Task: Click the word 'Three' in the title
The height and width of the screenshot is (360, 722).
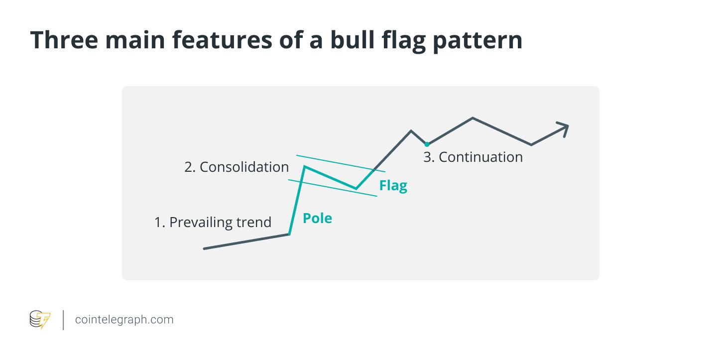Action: click(x=64, y=40)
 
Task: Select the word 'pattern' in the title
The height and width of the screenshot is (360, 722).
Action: click(x=478, y=41)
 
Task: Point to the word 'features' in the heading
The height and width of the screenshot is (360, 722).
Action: click(x=222, y=40)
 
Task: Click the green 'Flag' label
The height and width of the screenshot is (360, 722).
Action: click(x=393, y=186)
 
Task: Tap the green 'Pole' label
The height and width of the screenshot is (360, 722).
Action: click(x=317, y=218)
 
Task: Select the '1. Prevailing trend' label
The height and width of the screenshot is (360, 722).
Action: click(x=213, y=222)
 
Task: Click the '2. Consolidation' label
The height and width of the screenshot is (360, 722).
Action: click(x=236, y=167)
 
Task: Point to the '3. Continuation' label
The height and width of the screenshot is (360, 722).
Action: click(x=473, y=157)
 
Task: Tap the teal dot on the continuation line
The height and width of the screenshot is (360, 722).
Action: click(x=427, y=144)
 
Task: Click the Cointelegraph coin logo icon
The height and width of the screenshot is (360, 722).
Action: click(x=40, y=320)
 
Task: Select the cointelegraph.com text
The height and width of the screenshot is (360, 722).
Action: click(x=124, y=320)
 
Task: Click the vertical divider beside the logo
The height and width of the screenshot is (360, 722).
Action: click(x=63, y=320)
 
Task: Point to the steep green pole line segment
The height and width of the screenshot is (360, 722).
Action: click(x=297, y=201)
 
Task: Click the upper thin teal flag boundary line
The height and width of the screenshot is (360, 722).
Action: click(x=341, y=163)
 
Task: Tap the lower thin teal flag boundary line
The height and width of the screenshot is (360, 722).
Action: click(x=333, y=188)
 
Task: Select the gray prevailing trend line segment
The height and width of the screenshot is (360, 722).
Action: click(x=246, y=241)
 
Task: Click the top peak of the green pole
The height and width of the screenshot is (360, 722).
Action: click(x=305, y=167)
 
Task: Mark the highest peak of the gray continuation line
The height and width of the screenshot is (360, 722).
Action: click(x=473, y=119)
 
